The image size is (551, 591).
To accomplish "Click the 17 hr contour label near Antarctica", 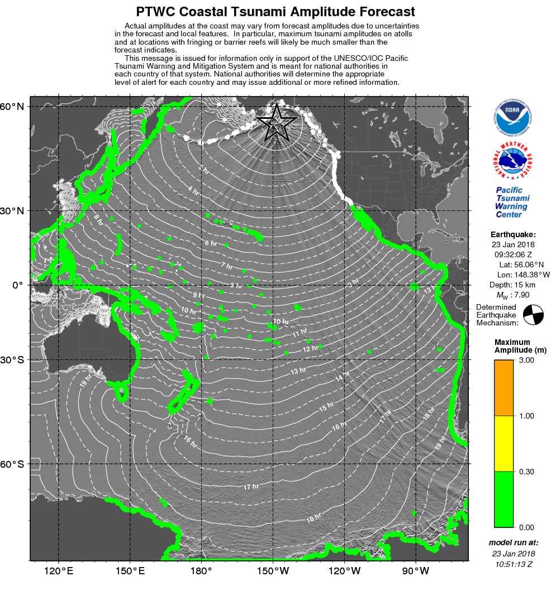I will click(251, 487).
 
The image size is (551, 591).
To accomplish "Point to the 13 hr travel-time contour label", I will click(298, 371).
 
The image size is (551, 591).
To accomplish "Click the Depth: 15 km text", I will click(512, 285).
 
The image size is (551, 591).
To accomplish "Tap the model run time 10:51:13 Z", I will click(512, 564).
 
